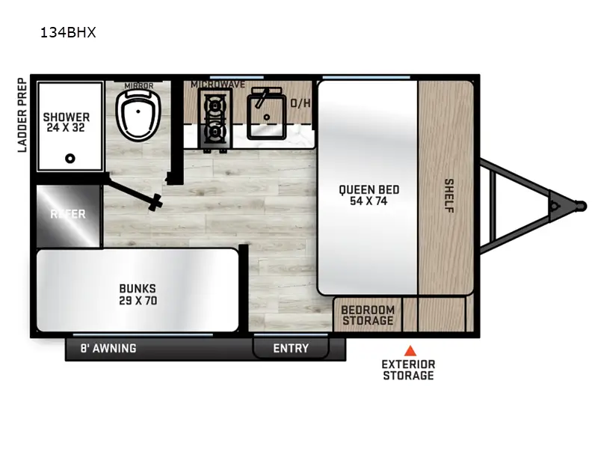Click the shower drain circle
[70, 158]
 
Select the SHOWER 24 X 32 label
[66, 123]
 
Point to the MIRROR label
[139, 86]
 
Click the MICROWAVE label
[218, 85]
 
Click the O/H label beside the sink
[300, 103]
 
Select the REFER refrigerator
[68, 215]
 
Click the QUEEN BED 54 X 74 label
[369, 195]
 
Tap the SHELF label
[449, 195]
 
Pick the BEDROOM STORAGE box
[367, 315]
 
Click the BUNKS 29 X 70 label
[137, 295]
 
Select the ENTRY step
[291, 348]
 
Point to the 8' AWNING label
[108, 348]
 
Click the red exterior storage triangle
[409, 349]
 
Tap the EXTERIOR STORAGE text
[408, 370]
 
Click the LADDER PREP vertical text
[22, 115]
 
